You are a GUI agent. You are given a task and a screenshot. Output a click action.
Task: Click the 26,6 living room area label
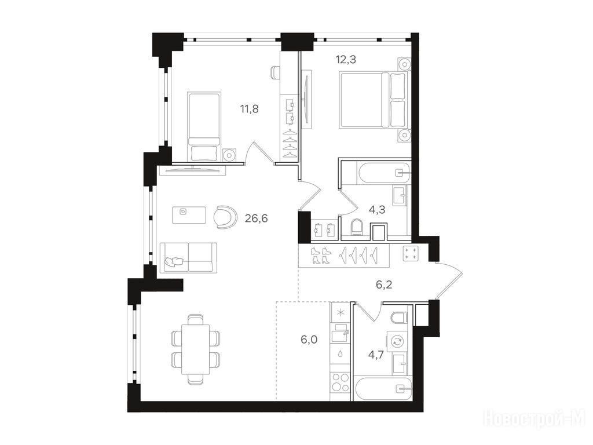[x=256, y=218]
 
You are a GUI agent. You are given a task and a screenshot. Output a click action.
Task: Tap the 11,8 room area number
[x=249, y=110]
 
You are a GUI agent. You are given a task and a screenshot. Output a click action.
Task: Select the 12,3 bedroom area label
[x=346, y=60]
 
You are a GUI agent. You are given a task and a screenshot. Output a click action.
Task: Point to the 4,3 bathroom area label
[x=376, y=209]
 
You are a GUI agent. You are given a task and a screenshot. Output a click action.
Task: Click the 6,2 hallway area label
[x=384, y=284]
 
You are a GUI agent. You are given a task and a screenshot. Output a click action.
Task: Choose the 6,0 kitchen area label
[x=309, y=340]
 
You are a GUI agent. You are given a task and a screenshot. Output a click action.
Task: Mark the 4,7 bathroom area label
[x=376, y=355]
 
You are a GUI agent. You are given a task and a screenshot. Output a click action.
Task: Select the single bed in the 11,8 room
[x=204, y=126]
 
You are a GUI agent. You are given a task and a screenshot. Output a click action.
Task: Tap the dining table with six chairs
[x=195, y=349]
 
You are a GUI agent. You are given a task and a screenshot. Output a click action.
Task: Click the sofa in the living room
[x=188, y=258]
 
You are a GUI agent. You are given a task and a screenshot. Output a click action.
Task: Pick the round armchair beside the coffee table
[x=225, y=217]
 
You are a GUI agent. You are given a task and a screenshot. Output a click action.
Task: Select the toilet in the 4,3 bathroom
[x=357, y=227]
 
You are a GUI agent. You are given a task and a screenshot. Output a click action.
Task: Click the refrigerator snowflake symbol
[x=341, y=312]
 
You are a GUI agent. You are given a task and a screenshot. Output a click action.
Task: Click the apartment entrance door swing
[x=450, y=279]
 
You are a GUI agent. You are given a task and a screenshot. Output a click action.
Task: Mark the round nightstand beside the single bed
[x=229, y=155]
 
